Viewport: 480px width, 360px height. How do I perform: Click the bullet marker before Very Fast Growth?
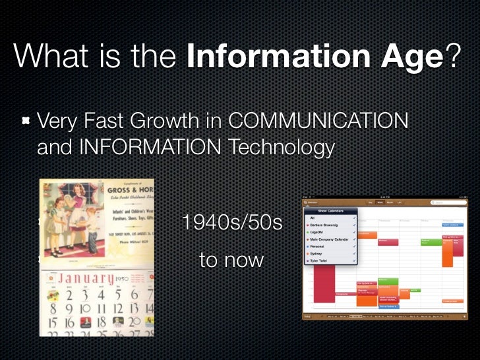(x=25, y=121)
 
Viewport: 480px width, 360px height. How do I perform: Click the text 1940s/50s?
(x=231, y=223)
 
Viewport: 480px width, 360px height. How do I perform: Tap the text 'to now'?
(x=231, y=260)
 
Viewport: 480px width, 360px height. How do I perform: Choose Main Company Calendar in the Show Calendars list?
(x=330, y=239)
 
